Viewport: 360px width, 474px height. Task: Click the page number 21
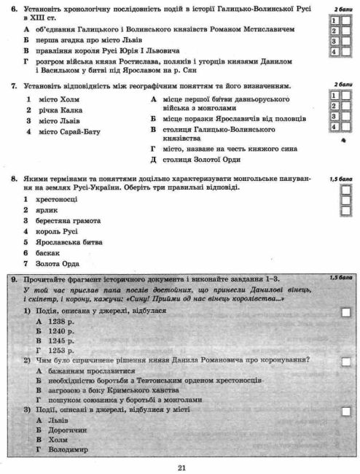[181, 467]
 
